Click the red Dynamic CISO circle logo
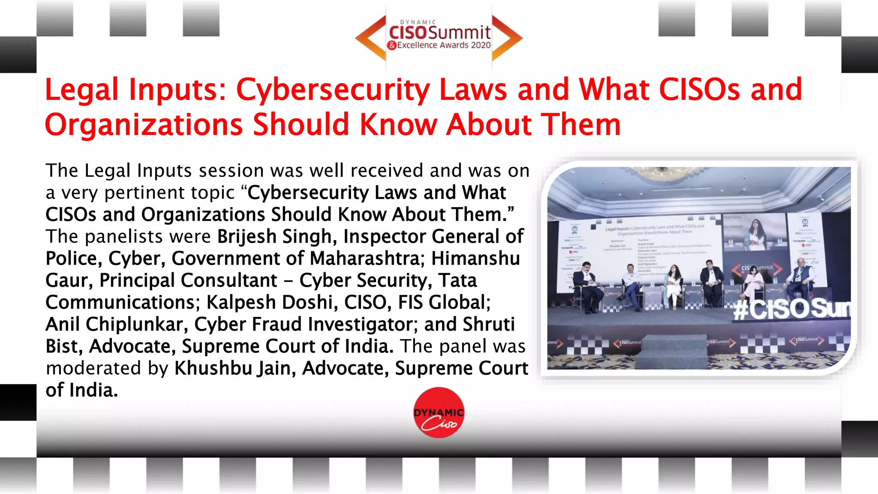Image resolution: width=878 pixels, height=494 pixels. pyautogui.click(x=439, y=413)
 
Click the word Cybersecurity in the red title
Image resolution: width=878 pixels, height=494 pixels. pyautogui.click(x=333, y=90)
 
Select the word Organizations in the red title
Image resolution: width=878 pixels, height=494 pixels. pyautogui.click(x=144, y=125)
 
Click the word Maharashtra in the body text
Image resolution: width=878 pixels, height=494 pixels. pyautogui.click(x=364, y=258)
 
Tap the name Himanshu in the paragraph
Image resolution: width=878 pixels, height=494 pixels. pyautogui.click(x=475, y=258)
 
